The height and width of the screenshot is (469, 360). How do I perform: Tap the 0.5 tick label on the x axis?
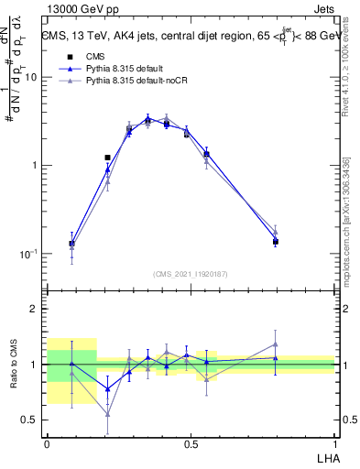(x=191, y=442)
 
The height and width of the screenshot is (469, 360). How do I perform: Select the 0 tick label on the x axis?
(x=47, y=442)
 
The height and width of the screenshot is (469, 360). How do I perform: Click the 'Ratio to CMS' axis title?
(x=13, y=365)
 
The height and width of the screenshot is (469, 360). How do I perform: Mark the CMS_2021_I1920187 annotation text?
(x=191, y=273)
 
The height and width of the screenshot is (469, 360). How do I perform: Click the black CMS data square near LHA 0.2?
(x=107, y=158)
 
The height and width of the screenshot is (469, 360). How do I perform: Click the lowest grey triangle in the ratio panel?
(x=107, y=414)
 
